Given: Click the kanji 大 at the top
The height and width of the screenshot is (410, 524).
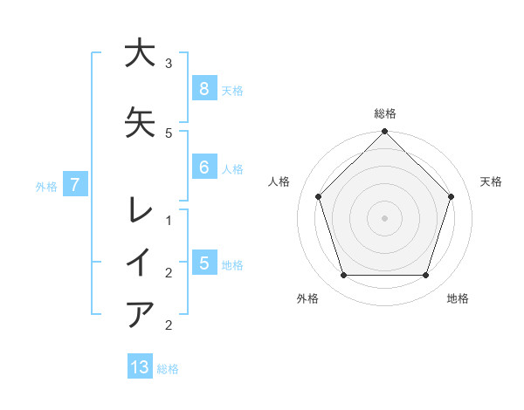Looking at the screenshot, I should click(x=140, y=53).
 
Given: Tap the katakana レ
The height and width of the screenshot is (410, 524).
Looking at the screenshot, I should click(x=140, y=210).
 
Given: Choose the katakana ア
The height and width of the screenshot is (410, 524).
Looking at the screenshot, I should click(x=140, y=313).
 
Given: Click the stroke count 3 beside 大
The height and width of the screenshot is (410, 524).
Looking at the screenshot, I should click(x=169, y=64).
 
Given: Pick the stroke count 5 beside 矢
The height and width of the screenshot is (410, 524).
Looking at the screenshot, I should click(x=169, y=133).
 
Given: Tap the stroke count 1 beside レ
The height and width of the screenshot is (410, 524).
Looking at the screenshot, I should click(x=169, y=221).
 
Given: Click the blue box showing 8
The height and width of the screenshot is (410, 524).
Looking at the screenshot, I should click(x=203, y=88).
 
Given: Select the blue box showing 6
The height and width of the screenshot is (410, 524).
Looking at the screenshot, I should click(x=203, y=167).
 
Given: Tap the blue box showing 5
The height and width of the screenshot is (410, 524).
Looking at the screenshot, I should click(x=203, y=263).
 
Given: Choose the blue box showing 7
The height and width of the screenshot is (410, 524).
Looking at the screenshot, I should click(x=76, y=184).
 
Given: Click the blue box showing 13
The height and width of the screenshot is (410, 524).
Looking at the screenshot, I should click(x=140, y=367).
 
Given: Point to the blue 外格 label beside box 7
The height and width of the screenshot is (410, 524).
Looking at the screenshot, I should click(x=46, y=186).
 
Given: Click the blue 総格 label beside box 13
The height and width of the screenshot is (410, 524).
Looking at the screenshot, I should click(x=168, y=369).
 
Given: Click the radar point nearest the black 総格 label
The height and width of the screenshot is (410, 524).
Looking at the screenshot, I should click(x=384, y=132).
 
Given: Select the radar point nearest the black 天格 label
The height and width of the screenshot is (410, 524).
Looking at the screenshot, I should click(x=452, y=196).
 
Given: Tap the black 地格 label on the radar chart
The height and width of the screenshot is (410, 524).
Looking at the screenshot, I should click(x=458, y=298).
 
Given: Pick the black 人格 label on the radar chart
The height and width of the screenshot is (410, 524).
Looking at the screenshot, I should click(x=279, y=181).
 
